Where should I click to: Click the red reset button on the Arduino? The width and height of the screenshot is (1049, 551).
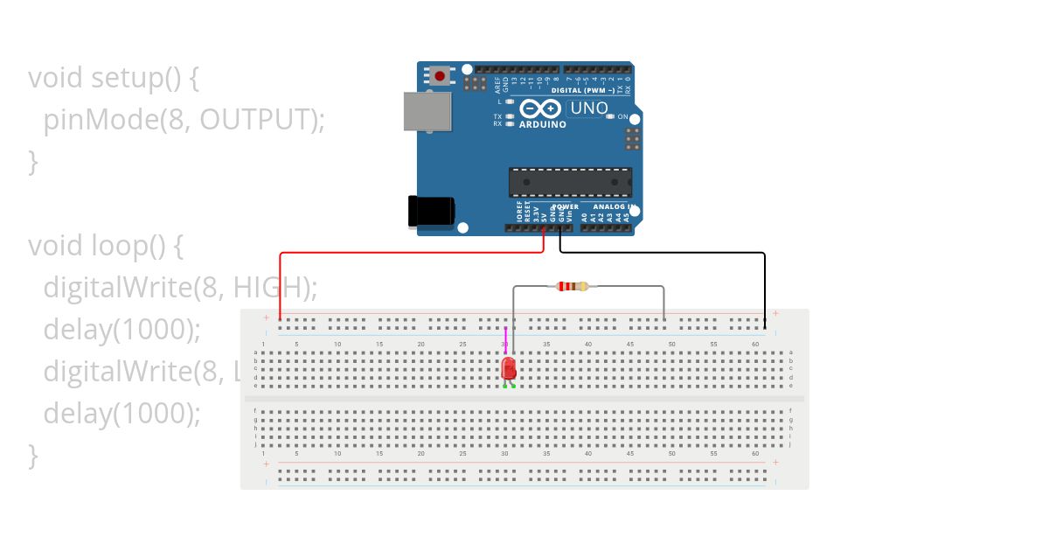tap(440, 76)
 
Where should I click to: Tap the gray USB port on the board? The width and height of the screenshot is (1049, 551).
tap(427, 111)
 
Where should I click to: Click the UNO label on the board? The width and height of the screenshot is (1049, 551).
tap(588, 108)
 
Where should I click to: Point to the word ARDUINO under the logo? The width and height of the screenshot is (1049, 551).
tap(542, 124)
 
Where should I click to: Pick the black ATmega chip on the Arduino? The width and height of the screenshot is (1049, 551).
tap(570, 182)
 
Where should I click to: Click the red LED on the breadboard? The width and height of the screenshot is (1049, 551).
tap(509, 368)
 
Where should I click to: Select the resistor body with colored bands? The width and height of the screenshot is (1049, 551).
tap(573, 286)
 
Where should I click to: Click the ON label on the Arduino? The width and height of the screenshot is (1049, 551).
tap(623, 116)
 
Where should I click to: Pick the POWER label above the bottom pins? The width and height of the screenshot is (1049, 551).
tap(565, 207)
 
